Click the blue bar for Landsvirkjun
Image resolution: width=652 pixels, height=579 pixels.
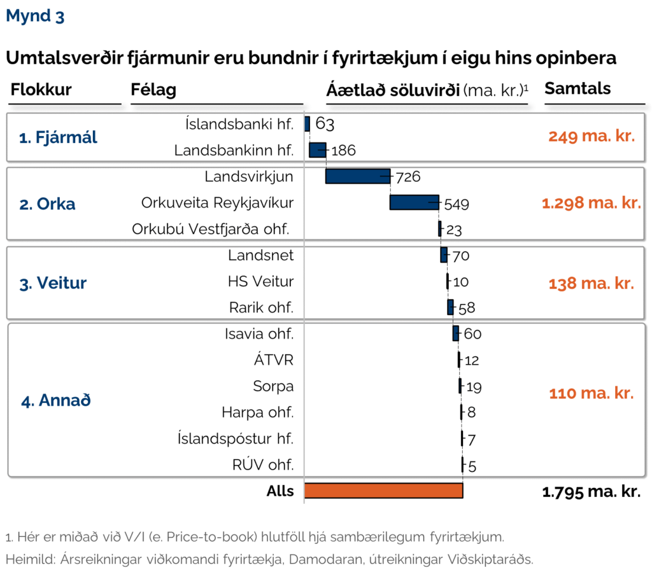[x=357, y=176]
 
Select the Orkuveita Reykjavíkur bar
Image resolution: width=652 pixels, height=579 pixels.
[x=414, y=202]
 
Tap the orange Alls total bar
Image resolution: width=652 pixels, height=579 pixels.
[x=383, y=491]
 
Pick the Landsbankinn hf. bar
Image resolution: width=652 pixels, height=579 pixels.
[x=317, y=150]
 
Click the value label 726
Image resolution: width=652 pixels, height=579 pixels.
[x=408, y=177]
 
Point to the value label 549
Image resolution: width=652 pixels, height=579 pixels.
[x=456, y=204]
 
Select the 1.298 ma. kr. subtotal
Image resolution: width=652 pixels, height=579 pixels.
[x=591, y=204]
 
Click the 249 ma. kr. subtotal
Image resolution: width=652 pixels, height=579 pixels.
[x=592, y=136]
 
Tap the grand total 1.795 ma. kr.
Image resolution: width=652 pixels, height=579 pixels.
[x=591, y=491]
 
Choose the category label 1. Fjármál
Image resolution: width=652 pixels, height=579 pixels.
[x=58, y=137]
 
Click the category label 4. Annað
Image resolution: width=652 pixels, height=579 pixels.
[x=55, y=401]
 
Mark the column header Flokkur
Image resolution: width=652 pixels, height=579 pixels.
[x=41, y=90]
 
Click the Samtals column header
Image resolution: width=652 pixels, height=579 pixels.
[x=578, y=88]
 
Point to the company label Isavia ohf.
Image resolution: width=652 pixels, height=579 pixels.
[x=259, y=334]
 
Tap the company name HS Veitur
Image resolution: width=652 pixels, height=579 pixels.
[x=260, y=281]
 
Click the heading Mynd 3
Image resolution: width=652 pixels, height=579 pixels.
[x=35, y=17]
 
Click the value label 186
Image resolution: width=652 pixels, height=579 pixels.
[x=343, y=151]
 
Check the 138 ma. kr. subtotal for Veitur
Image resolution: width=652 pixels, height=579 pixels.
[x=592, y=283]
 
